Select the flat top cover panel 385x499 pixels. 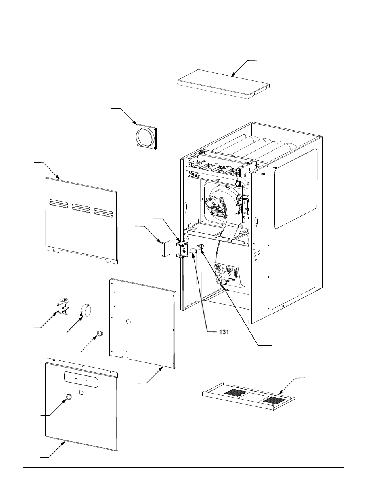point(223,84)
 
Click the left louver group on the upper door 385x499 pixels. point(59,204)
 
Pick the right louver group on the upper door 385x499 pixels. point(103,211)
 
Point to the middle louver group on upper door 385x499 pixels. point(81,208)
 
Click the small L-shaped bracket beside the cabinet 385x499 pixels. point(163,247)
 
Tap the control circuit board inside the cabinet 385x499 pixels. point(228,276)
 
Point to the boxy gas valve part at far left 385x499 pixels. point(62,306)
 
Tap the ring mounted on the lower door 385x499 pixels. point(69,398)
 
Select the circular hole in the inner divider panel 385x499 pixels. point(128,322)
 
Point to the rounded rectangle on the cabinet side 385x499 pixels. point(295,189)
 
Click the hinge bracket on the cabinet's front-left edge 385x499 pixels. point(182,250)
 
